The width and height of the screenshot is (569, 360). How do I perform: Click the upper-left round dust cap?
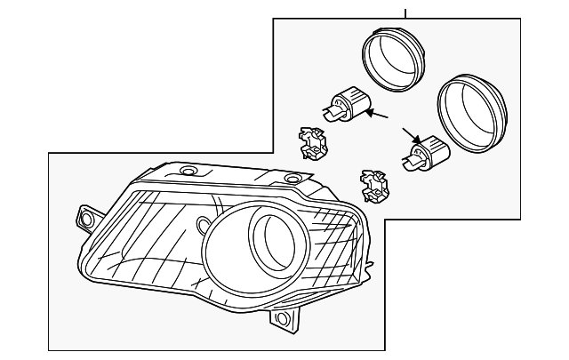(392, 57)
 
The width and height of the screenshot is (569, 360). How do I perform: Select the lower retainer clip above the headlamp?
(373, 186)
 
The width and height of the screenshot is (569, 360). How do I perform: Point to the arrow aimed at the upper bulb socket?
(380, 116)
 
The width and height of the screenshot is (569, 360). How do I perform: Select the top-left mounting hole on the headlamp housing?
(188, 170)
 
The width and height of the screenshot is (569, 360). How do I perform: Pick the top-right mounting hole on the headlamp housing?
(293, 180)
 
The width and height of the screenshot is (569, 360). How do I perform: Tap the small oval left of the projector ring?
(203, 222)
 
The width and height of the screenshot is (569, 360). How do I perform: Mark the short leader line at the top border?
(405, 12)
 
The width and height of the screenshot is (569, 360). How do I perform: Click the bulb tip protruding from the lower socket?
(410, 162)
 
